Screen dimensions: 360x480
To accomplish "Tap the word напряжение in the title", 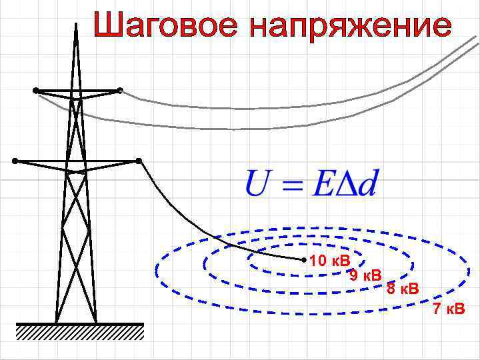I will click(x=350, y=27).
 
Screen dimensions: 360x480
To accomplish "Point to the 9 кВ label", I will click(x=365, y=275).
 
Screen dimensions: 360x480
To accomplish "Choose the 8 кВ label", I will click(x=403, y=289).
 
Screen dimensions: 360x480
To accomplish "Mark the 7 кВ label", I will click(x=449, y=309).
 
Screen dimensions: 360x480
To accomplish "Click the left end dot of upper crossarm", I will click(x=35, y=90).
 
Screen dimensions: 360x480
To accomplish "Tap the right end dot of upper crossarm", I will click(x=120, y=89).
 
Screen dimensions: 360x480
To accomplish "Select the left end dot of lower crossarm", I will click(x=15, y=161).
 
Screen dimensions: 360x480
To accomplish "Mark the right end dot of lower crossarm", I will click(x=138, y=161).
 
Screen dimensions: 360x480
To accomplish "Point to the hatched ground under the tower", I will click(x=80, y=331).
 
